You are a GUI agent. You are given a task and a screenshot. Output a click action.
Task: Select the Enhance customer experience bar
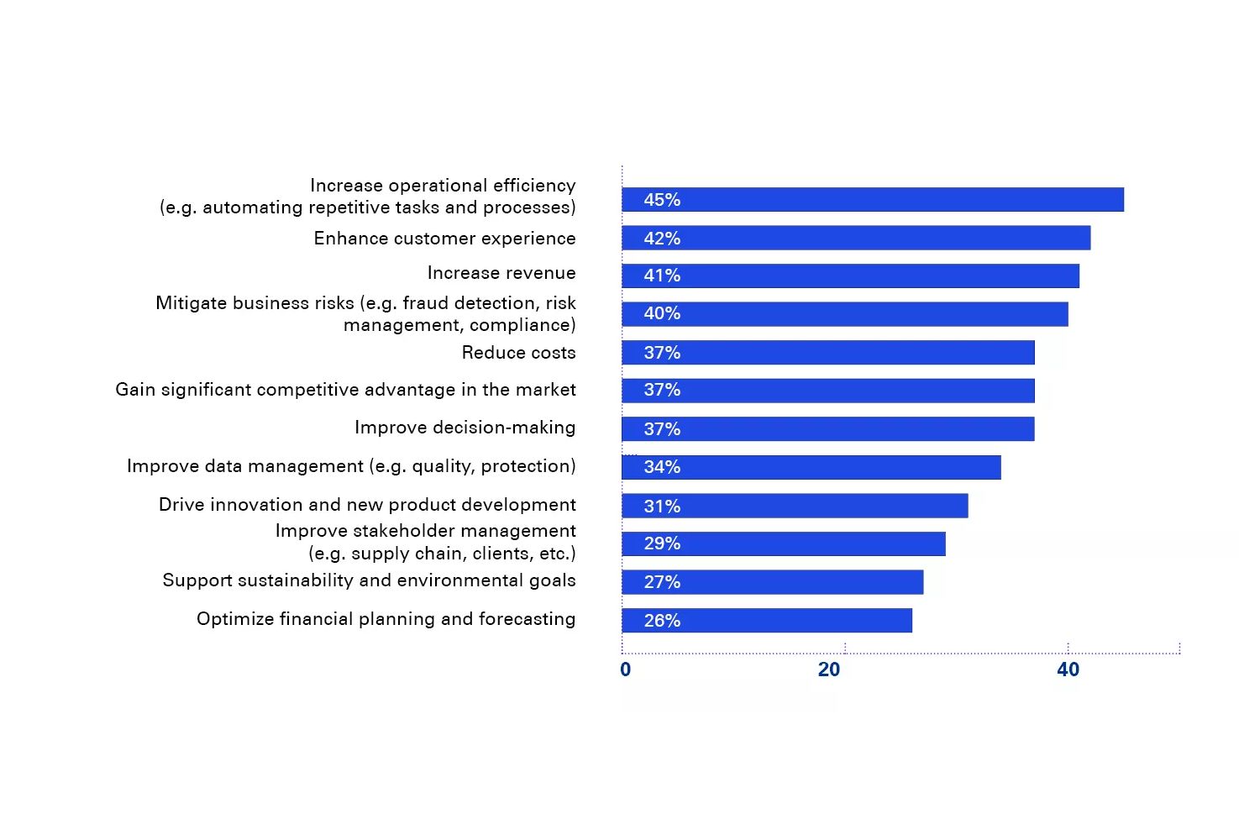[x=856, y=239]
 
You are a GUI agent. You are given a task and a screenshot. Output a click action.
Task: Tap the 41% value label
[x=662, y=276]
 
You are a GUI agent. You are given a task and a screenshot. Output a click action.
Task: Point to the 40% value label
[x=662, y=313]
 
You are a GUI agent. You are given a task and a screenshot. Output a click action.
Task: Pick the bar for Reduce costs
[x=827, y=353]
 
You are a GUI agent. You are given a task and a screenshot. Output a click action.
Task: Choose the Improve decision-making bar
[x=827, y=429]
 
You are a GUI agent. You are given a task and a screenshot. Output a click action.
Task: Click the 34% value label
[x=662, y=467]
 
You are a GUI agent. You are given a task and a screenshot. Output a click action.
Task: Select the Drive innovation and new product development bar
[x=795, y=506]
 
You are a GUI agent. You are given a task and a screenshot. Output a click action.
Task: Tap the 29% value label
[x=662, y=543]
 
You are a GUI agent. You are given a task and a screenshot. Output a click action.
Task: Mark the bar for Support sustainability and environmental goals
[x=772, y=582]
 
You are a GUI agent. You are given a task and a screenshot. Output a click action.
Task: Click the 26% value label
[x=662, y=621]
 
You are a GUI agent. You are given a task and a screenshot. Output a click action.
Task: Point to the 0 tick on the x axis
[x=625, y=669]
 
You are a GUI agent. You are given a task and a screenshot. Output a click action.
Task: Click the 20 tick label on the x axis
[x=829, y=669]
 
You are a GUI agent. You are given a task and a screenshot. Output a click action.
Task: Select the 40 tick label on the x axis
[x=1068, y=669]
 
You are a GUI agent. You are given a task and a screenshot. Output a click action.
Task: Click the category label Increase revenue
[x=501, y=273]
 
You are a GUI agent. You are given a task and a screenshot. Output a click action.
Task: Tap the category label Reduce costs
[x=518, y=353]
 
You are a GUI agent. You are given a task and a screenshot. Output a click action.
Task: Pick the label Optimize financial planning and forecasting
[x=386, y=619]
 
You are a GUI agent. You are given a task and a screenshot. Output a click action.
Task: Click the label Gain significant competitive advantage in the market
[x=345, y=390]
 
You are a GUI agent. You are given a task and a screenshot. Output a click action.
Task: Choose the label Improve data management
[x=351, y=466]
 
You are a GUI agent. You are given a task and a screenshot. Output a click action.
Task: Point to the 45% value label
[x=662, y=200]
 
